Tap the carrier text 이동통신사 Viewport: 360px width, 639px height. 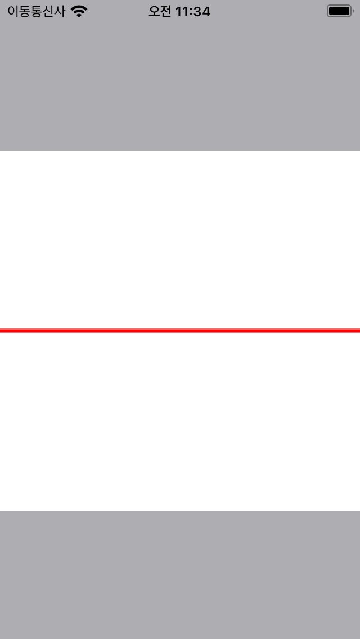point(36,11)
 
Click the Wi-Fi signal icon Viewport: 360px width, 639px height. point(79,11)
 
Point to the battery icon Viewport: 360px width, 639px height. point(339,11)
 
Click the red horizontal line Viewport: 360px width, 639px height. point(180,331)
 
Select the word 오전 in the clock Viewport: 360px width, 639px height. point(160,11)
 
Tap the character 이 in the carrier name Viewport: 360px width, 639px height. point(13,11)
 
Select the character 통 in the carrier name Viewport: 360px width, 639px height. point(36,11)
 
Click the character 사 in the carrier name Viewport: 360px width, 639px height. point(60,11)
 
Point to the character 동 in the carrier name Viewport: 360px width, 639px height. point(25,11)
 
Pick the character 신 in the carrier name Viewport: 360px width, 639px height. point(48,11)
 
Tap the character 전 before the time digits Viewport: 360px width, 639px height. point(166,11)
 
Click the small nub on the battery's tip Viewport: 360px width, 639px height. point(352,11)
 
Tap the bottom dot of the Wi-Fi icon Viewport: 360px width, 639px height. point(79,15)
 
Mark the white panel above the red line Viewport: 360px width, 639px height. point(180,239)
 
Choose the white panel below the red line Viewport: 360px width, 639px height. point(180,422)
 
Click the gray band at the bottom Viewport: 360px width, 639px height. point(180,574)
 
